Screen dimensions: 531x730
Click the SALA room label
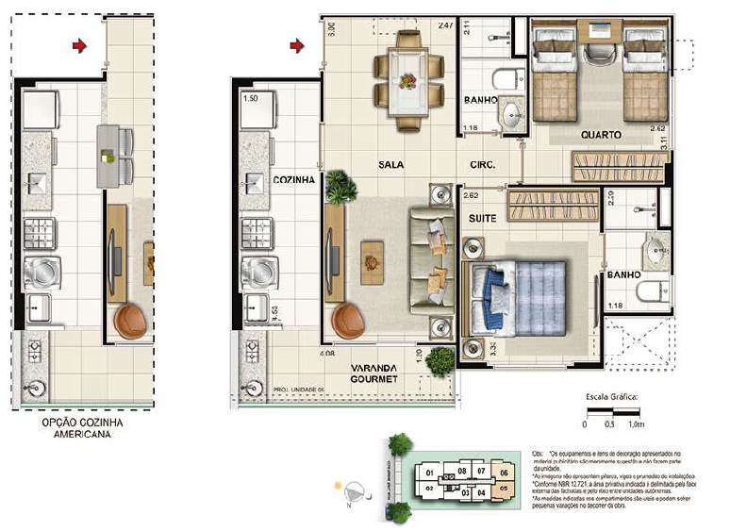coord(390,163)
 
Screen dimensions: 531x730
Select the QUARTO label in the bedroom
coord(600,135)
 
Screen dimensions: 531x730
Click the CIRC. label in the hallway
coord(483,163)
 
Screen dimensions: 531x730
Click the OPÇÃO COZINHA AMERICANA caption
coord(83,429)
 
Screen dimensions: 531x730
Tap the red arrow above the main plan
coord(297,44)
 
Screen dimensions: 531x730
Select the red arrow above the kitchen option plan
coord(80,44)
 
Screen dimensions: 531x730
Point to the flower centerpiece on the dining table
coord(408,79)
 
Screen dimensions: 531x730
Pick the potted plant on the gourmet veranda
coord(439,361)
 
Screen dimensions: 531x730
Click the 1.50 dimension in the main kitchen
coord(251,97)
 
